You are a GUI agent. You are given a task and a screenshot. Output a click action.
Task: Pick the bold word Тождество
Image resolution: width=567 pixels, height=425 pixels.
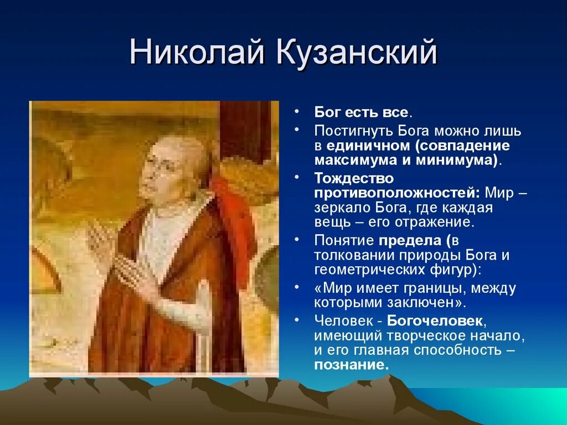click(354, 178)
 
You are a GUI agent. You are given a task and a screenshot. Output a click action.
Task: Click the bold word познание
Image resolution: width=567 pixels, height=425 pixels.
click(349, 365)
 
